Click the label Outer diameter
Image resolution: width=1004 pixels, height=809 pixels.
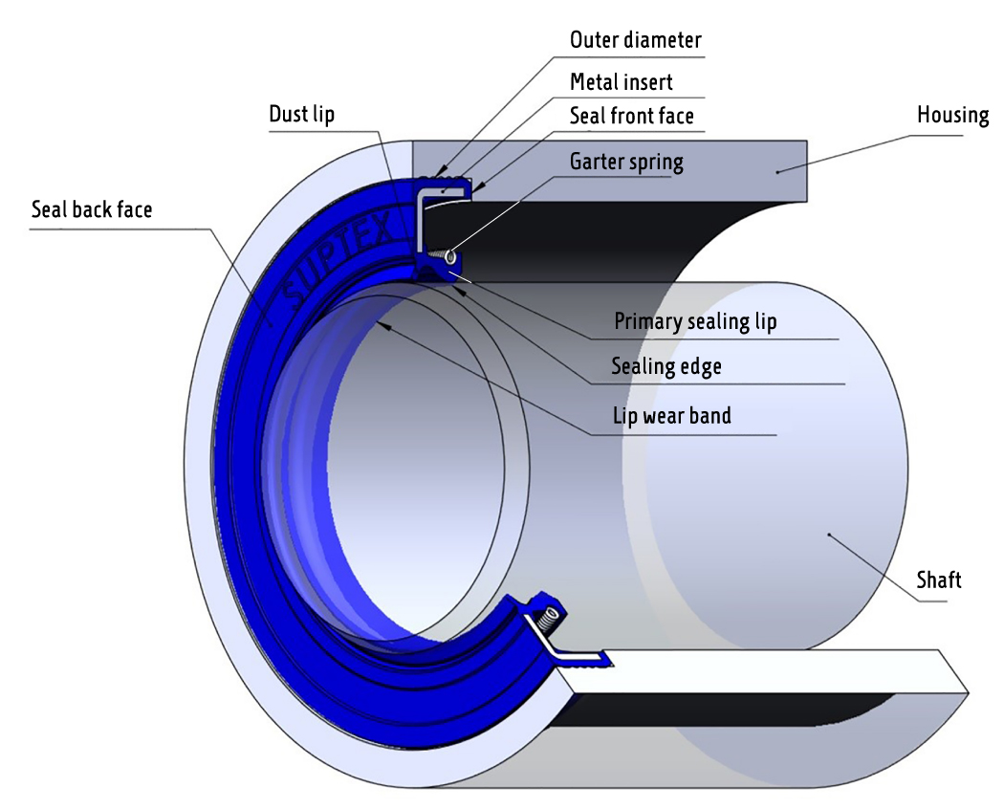(x=635, y=40)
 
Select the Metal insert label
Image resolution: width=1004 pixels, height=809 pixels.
(x=621, y=81)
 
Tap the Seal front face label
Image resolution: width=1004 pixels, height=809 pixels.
(x=631, y=117)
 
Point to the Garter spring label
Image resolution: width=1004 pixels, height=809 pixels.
(x=626, y=162)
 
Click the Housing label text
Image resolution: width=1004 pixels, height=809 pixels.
(x=952, y=116)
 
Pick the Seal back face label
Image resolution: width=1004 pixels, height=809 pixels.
(x=92, y=209)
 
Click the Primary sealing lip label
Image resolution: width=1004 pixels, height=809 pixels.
(x=695, y=321)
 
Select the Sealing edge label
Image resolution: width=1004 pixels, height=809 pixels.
(x=666, y=366)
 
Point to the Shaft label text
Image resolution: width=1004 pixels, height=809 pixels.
(x=938, y=579)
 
